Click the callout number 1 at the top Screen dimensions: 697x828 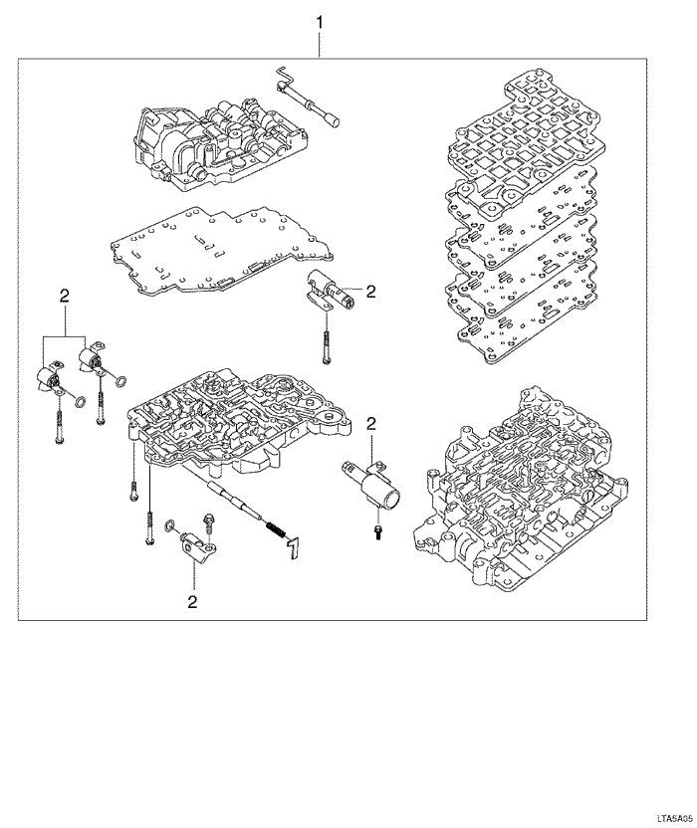point(320,23)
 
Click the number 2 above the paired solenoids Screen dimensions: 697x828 point(65,297)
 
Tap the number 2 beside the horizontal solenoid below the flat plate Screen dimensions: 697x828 point(370,291)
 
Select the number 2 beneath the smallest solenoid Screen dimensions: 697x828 point(192,601)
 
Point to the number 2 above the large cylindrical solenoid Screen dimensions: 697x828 point(371,423)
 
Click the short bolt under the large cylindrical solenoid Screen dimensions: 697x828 point(378,532)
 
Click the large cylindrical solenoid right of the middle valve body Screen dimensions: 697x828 point(371,482)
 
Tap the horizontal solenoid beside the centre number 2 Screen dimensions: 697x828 point(330,290)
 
